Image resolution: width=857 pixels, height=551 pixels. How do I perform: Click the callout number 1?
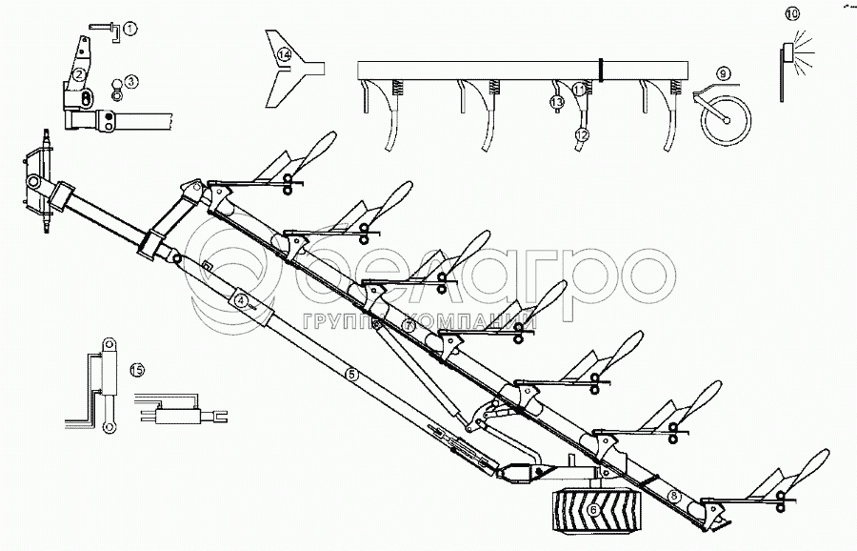tap(130, 29)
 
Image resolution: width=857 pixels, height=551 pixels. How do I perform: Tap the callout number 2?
tap(81, 74)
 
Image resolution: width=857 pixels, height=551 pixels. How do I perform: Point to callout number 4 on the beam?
tap(242, 300)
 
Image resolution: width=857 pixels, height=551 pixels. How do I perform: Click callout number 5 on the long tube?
tap(351, 374)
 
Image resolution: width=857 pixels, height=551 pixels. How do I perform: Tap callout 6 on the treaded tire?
tap(595, 511)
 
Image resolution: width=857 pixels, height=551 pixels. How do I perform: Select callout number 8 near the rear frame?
tap(674, 495)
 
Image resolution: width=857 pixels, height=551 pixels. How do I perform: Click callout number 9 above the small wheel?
tap(723, 73)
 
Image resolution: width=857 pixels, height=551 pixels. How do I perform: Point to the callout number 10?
tap(793, 13)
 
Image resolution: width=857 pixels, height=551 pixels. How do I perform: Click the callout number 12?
tap(580, 134)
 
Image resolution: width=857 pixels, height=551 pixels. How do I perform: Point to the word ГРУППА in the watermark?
tap(345, 320)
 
